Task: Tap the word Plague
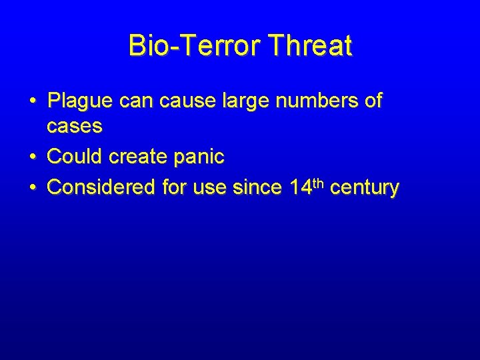[81, 101]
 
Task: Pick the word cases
[74, 125]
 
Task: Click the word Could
[74, 157]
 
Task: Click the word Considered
[102, 187]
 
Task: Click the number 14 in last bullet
[301, 187]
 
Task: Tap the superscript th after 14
[318, 183]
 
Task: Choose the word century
[365, 188]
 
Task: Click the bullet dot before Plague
[32, 102]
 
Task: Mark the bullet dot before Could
[32, 157]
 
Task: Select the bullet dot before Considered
[32, 188]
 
